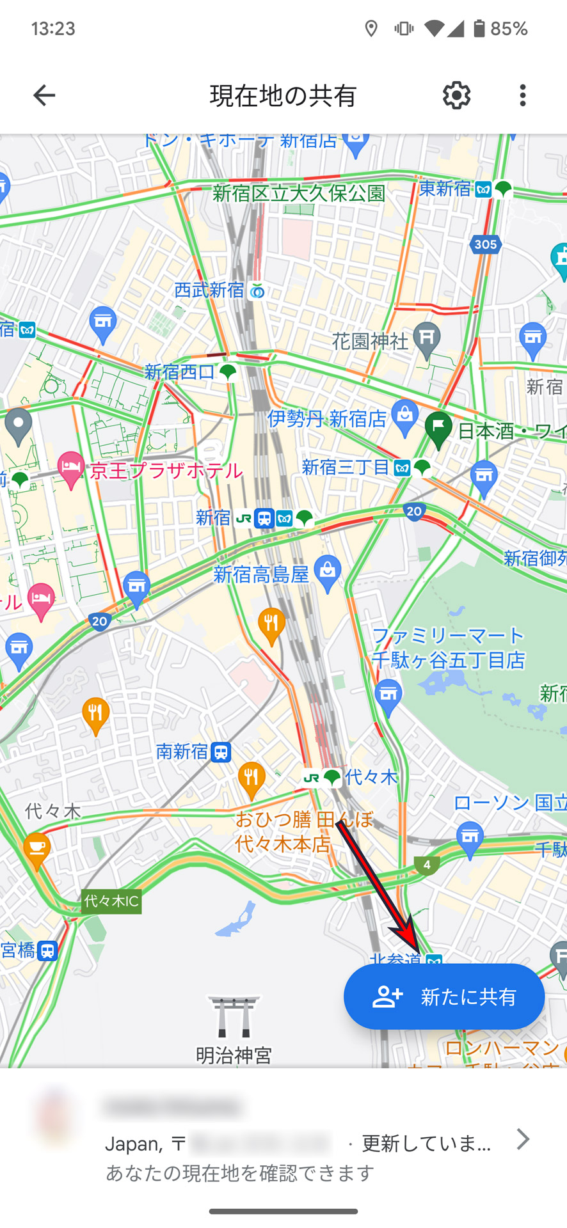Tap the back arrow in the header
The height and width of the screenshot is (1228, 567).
click(x=44, y=95)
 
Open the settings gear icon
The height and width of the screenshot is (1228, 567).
click(x=456, y=95)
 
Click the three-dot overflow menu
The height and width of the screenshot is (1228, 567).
click(x=523, y=95)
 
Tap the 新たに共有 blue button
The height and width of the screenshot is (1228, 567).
click(x=444, y=996)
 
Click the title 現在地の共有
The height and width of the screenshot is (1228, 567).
click(x=283, y=96)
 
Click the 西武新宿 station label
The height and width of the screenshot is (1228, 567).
click(x=209, y=290)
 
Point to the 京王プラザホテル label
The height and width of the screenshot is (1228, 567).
click(x=166, y=471)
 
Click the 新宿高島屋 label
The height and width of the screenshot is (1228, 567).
click(x=261, y=574)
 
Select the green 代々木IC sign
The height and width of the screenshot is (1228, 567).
click(x=111, y=901)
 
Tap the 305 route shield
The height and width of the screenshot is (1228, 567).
click(x=486, y=244)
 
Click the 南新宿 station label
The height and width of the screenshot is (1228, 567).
click(x=182, y=752)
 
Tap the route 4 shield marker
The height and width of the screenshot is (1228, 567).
click(x=427, y=865)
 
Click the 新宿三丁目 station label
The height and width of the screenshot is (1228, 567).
click(x=346, y=468)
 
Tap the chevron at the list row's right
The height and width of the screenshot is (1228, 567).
click(x=523, y=1138)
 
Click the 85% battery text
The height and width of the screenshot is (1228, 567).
click(x=509, y=29)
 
